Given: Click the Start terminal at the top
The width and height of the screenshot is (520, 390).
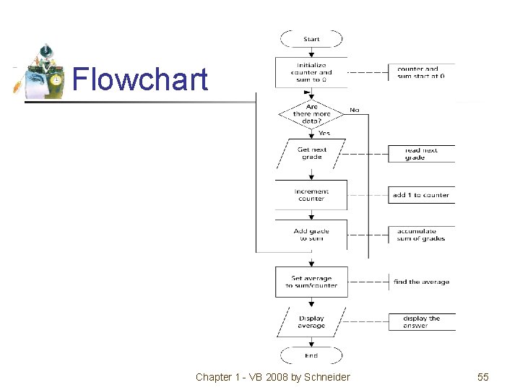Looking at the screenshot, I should (311, 39).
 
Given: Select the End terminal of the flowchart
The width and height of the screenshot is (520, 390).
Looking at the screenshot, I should (311, 355).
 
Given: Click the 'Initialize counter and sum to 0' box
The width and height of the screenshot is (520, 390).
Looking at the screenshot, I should (311, 72).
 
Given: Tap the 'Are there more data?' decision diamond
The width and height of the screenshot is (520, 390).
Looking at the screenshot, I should (311, 113).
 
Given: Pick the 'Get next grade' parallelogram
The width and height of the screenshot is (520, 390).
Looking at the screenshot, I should (311, 153).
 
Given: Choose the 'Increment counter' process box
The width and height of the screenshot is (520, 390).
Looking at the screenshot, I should (311, 195).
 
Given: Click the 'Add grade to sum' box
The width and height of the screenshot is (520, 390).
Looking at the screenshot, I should (311, 235).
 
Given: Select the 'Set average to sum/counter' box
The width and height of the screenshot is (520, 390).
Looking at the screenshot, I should (311, 282).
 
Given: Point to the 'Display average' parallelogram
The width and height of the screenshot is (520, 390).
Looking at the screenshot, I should (311, 322).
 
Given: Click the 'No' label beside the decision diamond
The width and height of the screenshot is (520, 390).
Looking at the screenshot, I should (355, 110).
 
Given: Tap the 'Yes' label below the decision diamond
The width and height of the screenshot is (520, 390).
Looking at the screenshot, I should (324, 133).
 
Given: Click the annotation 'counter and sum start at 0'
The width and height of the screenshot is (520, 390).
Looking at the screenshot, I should (421, 72).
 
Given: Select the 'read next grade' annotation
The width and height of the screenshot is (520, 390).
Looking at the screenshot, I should (420, 154).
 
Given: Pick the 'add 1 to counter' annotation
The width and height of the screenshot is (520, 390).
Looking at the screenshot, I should (420, 195).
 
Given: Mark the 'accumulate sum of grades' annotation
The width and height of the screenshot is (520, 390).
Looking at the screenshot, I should (420, 235).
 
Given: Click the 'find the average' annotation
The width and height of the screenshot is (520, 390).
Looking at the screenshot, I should (421, 282).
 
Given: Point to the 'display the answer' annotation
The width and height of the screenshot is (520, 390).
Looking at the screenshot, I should (421, 322).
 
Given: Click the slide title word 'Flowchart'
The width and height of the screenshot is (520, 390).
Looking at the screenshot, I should (140, 79).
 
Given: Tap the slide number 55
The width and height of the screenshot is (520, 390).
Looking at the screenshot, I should (483, 377).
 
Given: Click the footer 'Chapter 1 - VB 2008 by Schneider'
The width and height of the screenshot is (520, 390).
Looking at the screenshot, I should (272, 377).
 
